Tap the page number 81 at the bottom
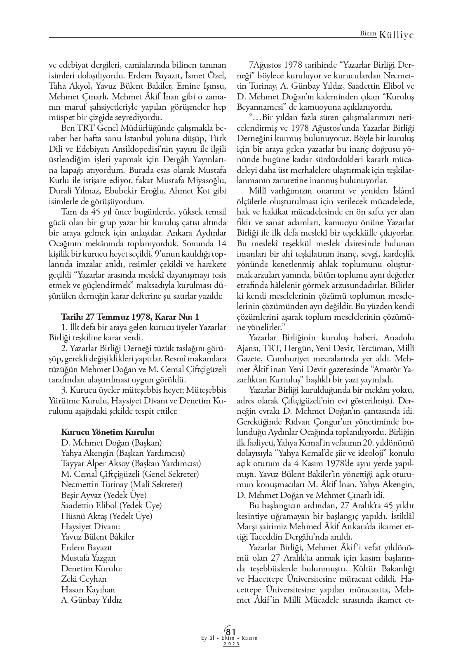[231, 632]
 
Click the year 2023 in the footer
[231, 644]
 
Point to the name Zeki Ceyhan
[84, 579]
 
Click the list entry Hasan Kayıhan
[88, 590]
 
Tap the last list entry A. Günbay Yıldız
[91, 600]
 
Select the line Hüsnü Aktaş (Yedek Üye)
[106, 516]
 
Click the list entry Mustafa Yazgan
[88, 558]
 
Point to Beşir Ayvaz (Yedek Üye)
[103, 495]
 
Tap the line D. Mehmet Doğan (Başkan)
[111, 442]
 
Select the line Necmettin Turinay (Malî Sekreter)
[122, 484]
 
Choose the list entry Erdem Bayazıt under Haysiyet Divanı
[87, 547]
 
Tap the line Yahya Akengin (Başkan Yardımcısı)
[123, 453]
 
